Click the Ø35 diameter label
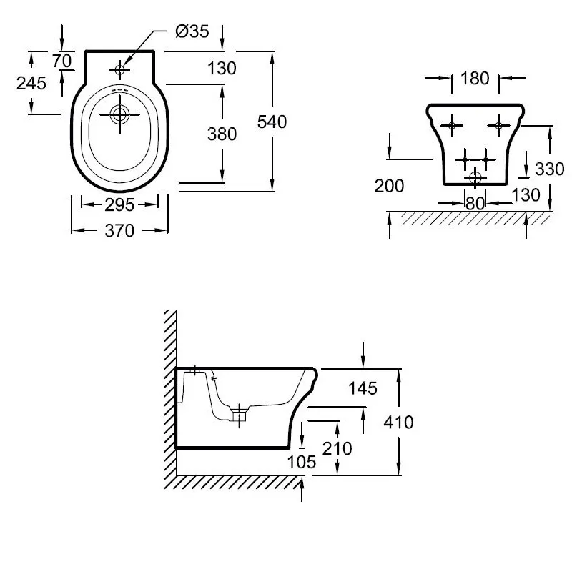[192, 31]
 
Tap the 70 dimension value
[61, 61]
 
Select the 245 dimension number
[31, 84]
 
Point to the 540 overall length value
[272, 122]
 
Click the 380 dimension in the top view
[222, 134]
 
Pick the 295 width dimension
[119, 205]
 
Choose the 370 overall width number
[119, 230]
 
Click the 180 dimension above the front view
[475, 79]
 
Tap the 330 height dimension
[550, 169]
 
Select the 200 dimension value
[389, 186]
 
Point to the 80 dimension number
[475, 204]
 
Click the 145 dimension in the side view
[363, 388]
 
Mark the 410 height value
[398, 423]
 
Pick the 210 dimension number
[337, 448]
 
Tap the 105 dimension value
[302, 462]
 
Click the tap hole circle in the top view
[119, 69]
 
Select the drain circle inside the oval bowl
[119, 114]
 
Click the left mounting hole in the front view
[452, 126]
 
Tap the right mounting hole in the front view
[498, 126]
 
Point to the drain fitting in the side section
[240, 415]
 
